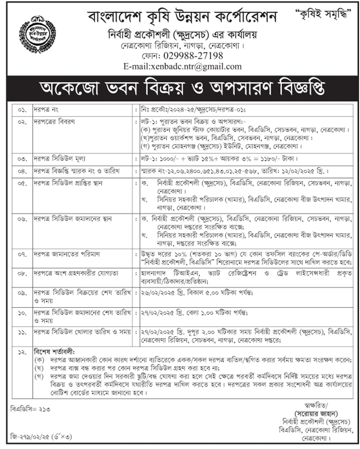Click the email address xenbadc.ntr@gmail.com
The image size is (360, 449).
pos(183,67)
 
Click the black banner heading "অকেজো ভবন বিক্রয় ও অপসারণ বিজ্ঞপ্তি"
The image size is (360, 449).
pos(179,88)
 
